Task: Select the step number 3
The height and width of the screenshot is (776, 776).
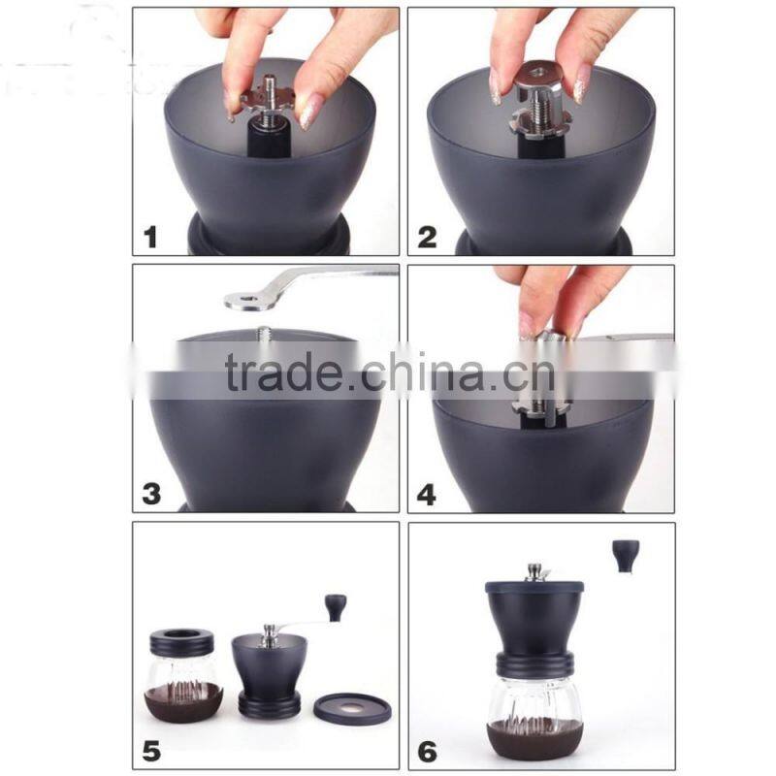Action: click(x=151, y=492)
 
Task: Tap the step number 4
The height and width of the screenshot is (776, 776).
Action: click(x=427, y=493)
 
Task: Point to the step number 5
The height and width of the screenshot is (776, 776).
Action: click(x=150, y=749)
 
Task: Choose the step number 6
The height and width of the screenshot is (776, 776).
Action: click(x=427, y=749)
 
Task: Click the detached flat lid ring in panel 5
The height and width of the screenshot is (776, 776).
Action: click(x=352, y=706)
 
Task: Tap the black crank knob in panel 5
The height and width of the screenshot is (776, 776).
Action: click(x=335, y=608)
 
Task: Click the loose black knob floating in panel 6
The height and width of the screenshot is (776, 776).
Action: click(x=624, y=555)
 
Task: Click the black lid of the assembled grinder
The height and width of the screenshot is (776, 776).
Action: click(x=533, y=589)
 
